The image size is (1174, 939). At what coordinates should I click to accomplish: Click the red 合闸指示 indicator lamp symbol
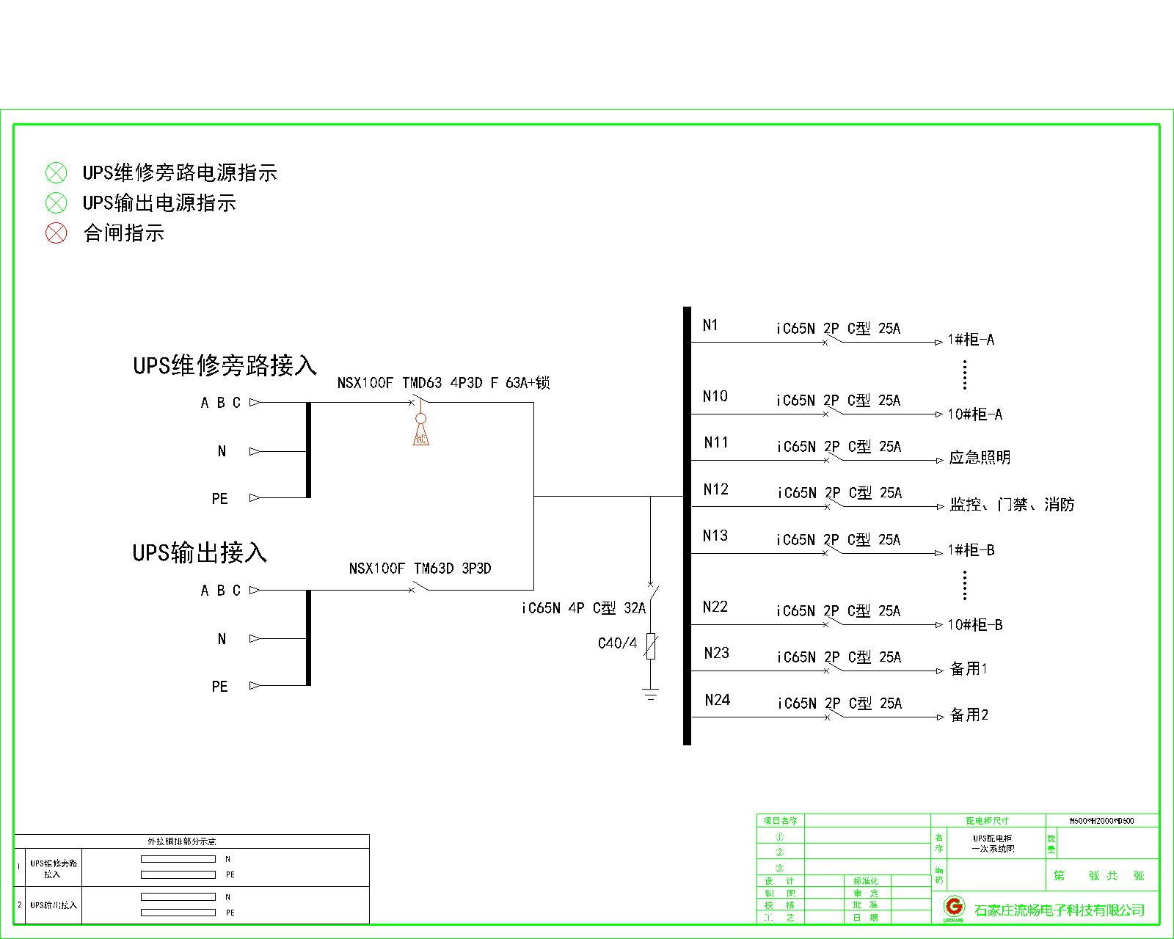click(56, 233)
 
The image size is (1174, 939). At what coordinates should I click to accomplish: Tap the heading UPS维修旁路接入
click(225, 365)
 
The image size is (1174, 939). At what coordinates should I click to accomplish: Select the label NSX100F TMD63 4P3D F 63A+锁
click(443, 382)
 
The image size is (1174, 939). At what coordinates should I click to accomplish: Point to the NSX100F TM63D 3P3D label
click(420, 569)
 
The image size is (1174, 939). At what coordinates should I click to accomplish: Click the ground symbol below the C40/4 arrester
click(650, 694)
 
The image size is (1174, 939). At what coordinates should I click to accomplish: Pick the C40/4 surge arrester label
click(617, 643)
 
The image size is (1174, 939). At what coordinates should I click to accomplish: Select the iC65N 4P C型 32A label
click(583, 608)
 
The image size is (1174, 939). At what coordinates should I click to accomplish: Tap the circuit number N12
click(715, 489)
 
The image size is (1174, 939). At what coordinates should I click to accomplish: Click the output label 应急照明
click(980, 458)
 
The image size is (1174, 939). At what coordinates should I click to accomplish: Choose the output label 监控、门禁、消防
click(1012, 505)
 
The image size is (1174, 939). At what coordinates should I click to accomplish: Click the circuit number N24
click(717, 700)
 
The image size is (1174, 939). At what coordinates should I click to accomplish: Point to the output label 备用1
click(969, 669)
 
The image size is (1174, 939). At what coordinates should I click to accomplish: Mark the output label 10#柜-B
click(974, 625)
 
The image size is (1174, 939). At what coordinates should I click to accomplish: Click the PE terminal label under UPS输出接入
click(219, 687)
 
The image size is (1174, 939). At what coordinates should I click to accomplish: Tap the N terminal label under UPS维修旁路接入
click(222, 452)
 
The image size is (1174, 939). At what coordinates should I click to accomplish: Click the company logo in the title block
click(953, 907)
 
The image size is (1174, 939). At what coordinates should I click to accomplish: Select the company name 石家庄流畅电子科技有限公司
click(1060, 910)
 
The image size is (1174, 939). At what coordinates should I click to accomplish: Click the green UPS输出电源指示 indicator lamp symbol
click(56, 203)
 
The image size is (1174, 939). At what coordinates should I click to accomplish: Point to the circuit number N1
click(710, 325)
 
